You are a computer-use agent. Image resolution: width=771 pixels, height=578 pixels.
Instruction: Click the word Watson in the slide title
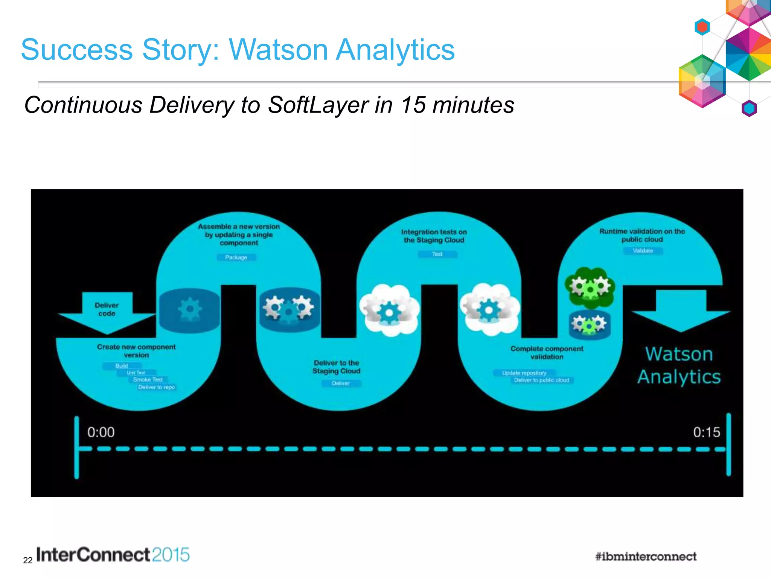[x=278, y=50]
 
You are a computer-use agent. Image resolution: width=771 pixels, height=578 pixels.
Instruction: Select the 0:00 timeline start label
[x=101, y=432]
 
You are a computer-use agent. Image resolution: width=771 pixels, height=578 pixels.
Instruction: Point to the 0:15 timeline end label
[x=707, y=432]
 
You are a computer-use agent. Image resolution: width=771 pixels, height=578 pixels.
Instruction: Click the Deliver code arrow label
[x=107, y=309]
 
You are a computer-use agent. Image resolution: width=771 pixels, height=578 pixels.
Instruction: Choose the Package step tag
[x=236, y=257]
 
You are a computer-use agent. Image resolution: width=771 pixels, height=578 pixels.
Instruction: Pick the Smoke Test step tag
[x=148, y=380]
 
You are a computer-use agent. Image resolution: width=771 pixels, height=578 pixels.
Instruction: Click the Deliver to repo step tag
[x=157, y=387]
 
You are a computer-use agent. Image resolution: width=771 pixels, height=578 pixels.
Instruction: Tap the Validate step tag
[x=643, y=251]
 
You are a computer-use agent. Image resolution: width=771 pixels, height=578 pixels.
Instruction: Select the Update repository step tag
[x=524, y=373]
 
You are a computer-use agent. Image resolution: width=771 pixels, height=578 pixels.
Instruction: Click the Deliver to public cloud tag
[x=542, y=380]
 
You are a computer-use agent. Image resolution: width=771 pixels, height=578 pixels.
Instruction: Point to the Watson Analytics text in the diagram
[x=679, y=365]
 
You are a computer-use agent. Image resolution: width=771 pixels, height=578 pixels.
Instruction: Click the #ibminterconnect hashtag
[x=646, y=557]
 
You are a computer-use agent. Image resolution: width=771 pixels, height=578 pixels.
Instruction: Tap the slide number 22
[x=28, y=561]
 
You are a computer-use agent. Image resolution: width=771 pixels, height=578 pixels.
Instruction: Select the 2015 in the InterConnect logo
[x=171, y=555]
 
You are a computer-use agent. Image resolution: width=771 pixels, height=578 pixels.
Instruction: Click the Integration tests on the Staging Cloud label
[x=434, y=236]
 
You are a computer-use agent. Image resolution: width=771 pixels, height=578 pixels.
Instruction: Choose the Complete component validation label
[x=547, y=353]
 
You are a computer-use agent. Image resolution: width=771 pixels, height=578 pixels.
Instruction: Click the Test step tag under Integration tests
[x=437, y=254]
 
